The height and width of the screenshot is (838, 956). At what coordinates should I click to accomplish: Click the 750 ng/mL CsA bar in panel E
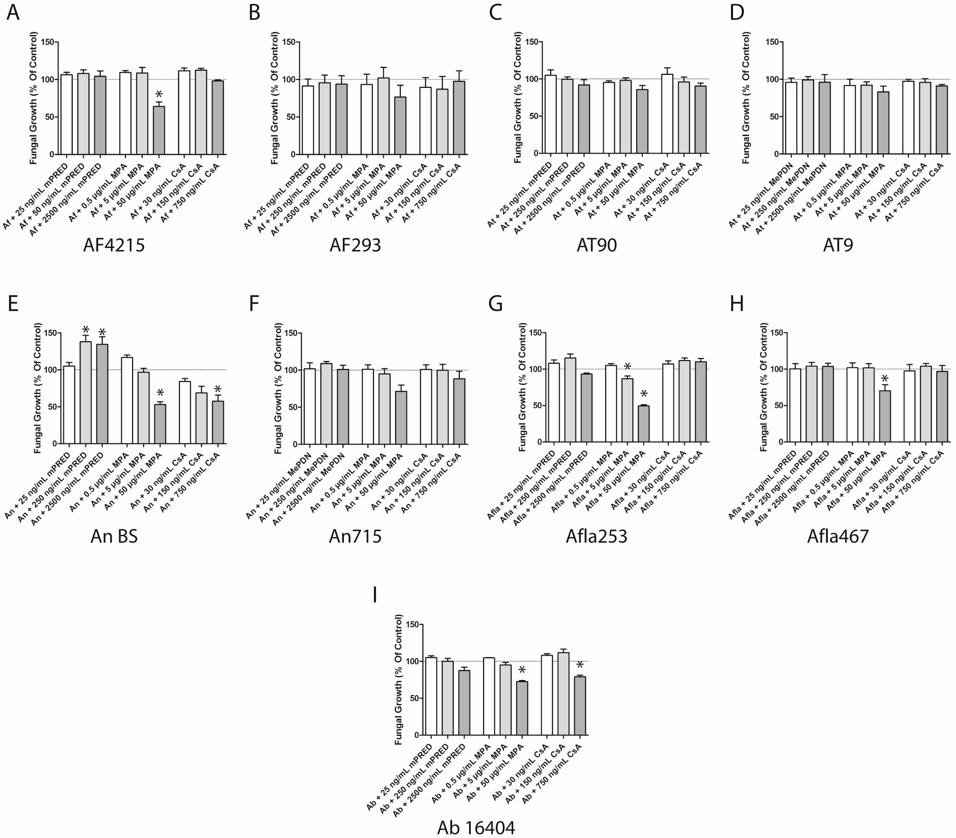coord(218,422)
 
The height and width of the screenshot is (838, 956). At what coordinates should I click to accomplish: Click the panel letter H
coord(737,304)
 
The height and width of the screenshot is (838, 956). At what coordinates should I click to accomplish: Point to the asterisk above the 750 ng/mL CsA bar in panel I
coord(580,665)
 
